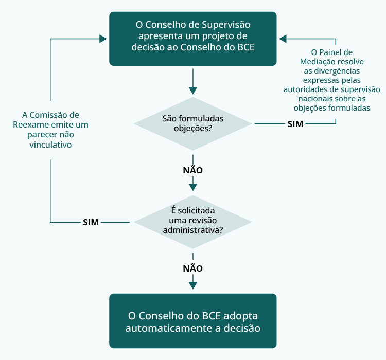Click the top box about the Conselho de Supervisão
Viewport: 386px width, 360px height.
tap(192, 39)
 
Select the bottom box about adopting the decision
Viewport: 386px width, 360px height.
tap(192, 321)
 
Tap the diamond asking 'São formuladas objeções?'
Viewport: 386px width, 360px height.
tap(192, 123)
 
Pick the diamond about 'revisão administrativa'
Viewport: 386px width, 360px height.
tap(192, 221)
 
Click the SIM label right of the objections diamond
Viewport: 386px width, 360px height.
tap(295, 124)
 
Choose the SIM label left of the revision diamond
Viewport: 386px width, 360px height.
tap(91, 222)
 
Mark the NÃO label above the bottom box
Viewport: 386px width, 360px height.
tap(192, 268)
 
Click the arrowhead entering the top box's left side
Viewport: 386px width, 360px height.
tap(103, 39)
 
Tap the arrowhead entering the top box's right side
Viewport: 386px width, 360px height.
tap(283, 39)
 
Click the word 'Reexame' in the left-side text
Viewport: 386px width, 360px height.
tap(30, 125)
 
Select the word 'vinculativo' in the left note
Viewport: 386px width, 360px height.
tap(50, 145)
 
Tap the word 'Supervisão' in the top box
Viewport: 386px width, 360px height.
tap(226, 24)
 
